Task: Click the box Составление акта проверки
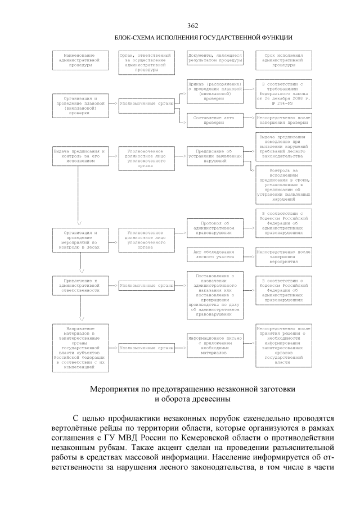click(215, 119)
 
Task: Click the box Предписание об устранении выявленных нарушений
click(215, 154)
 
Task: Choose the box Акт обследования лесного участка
click(215, 256)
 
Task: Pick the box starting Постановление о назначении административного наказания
click(215, 295)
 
